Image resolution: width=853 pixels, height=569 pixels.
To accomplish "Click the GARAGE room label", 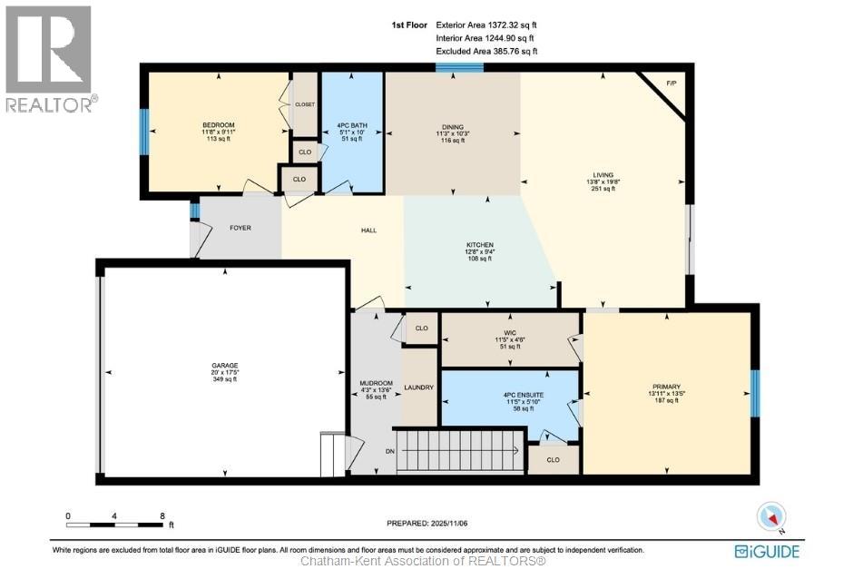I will (x=224, y=366).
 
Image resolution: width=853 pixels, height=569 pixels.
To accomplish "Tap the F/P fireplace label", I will (x=672, y=83).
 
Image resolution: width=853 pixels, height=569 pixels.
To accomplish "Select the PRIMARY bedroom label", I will (x=664, y=386).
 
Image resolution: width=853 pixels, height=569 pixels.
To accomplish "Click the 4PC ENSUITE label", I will (x=509, y=395).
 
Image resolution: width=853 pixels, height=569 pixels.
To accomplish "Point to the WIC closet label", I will (x=509, y=331).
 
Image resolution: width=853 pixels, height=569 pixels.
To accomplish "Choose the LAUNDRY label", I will (x=419, y=388).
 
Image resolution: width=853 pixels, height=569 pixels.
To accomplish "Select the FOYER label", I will (x=240, y=228).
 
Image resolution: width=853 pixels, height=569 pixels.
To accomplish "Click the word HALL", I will (x=368, y=231).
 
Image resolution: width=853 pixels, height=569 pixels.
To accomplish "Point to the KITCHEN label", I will (x=480, y=245).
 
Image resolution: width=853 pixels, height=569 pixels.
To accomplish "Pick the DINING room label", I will (x=453, y=127).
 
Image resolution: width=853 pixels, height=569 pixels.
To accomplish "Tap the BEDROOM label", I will (x=219, y=125).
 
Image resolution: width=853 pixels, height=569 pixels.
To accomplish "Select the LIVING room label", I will (x=603, y=175).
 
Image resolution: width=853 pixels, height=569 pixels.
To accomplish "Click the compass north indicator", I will (x=770, y=516).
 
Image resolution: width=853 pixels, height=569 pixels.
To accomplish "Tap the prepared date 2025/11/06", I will (x=426, y=525).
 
